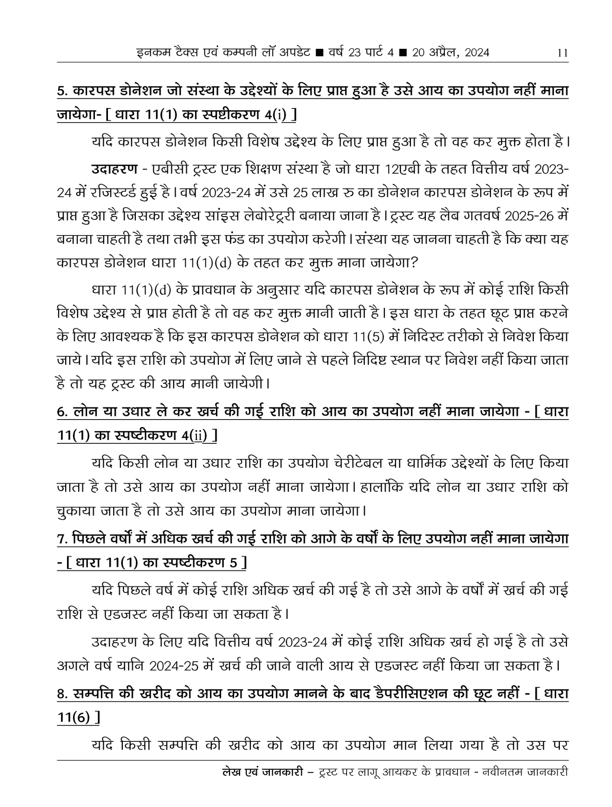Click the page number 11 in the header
tap(562, 53)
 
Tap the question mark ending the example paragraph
tap(414, 263)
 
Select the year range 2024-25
tap(175, 665)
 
